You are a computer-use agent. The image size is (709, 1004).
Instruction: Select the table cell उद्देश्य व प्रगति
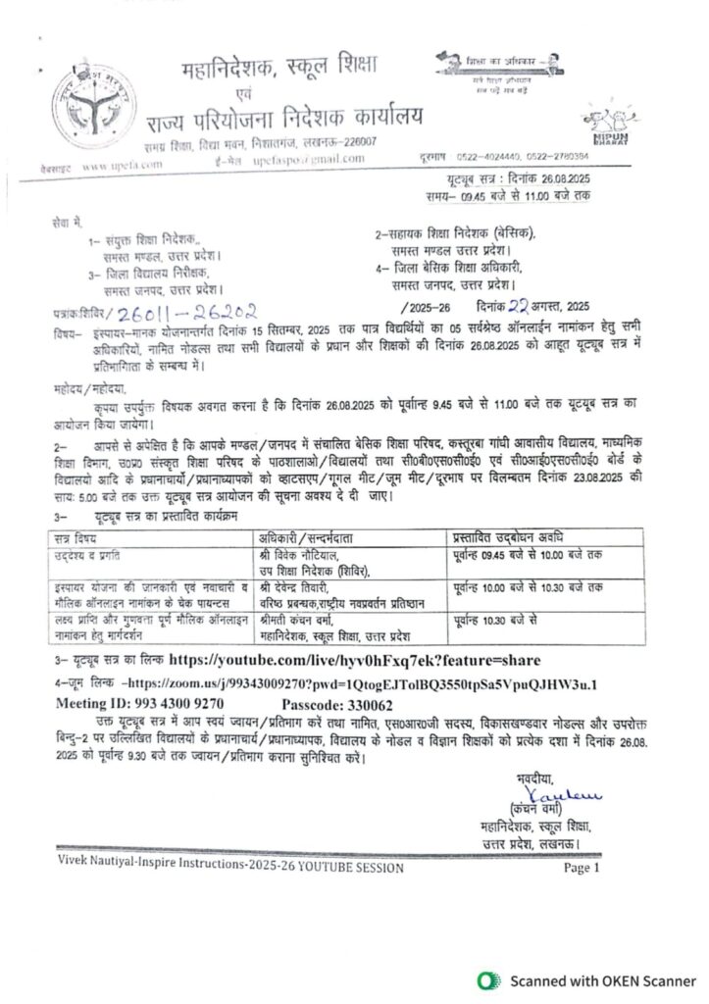[92, 554]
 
